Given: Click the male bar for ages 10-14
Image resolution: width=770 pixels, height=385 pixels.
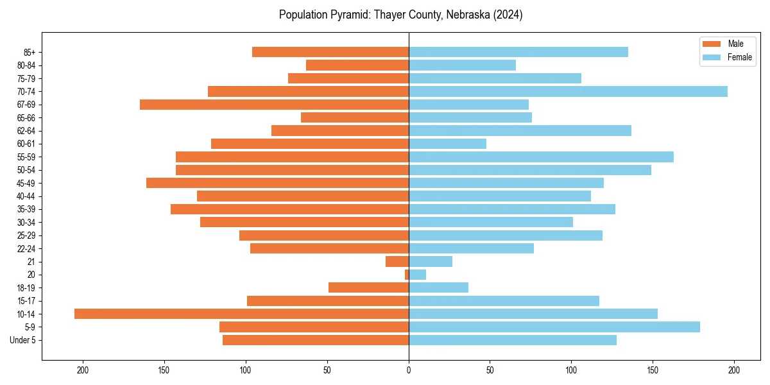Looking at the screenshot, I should (x=241, y=314).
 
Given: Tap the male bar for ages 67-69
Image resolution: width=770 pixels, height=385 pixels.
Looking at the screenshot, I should (x=274, y=105).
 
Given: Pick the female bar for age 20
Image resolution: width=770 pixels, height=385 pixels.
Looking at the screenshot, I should (x=417, y=275).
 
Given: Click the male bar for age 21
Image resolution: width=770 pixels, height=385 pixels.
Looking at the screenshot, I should (x=397, y=262).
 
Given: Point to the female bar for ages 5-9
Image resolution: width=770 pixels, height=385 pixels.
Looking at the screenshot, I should (x=554, y=327).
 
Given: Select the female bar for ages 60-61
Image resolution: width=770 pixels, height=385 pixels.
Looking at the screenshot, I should (x=447, y=144).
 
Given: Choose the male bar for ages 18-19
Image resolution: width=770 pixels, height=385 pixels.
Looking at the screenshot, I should (x=368, y=287).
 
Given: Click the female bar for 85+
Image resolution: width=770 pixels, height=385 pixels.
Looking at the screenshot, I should (x=518, y=52).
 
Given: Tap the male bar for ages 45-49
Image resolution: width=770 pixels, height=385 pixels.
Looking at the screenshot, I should (x=277, y=183).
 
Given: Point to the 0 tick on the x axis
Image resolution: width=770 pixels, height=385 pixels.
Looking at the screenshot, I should (x=409, y=370).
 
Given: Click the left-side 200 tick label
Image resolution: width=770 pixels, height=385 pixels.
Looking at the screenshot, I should (x=83, y=370).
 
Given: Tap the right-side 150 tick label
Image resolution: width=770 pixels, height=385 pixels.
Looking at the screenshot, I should (x=653, y=370).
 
